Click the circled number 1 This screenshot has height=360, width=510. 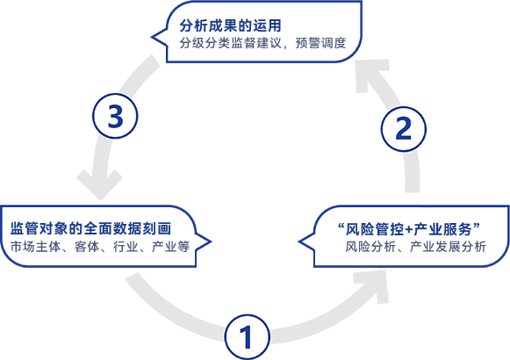pyautogui.click(x=248, y=337)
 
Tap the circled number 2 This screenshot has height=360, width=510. pyautogui.click(x=403, y=129)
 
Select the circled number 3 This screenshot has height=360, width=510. pyautogui.click(x=115, y=116)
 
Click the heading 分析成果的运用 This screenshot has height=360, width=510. pyautogui.click(x=230, y=25)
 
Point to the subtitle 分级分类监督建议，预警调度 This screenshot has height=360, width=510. pyautogui.click(x=262, y=43)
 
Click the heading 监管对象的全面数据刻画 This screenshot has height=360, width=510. pyautogui.click(x=90, y=228)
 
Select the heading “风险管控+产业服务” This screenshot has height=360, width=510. pyautogui.click(x=409, y=229)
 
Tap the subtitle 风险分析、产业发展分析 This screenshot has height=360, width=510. pyautogui.click(x=415, y=247)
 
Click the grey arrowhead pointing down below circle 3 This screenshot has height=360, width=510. pyautogui.click(x=99, y=184)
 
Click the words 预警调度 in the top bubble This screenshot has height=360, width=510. pyautogui.click(x=320, y=43)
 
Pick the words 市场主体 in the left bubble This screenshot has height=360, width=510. pyautogui.click(x=35, y=247)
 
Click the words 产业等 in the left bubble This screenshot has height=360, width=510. pyautogui.click(x=171, y=247)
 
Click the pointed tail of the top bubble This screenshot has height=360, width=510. pyautogui.click(x=152, y=37)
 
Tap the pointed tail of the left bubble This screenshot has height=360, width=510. pyautogui.click(x=211, y=241)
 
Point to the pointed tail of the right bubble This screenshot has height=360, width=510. pyautogui.click(x=299, y=241)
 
